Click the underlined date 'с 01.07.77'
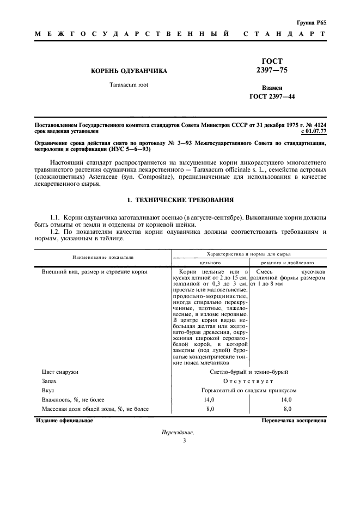[x=313, y=131]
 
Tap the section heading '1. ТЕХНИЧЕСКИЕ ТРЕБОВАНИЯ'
[x=180, y=201]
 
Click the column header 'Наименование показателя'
[x=103, y=257]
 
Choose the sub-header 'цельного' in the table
[x=210, y=262]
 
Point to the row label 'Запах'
[x=51, y=381]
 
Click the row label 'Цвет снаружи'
[x=60, y=372]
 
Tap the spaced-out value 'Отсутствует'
[x=248, y=381]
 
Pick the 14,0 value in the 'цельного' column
[x=210, y=399]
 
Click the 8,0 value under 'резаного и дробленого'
[x=287, y=409]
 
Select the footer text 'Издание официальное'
[x=64, y=420]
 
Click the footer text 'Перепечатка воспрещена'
[x=294, y=420]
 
